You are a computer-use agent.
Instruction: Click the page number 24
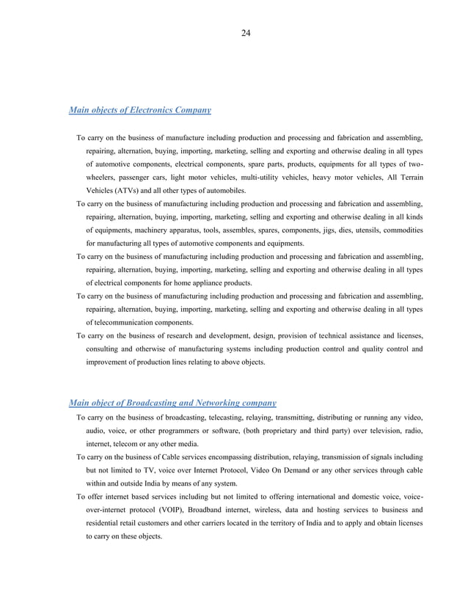point(246,32)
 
